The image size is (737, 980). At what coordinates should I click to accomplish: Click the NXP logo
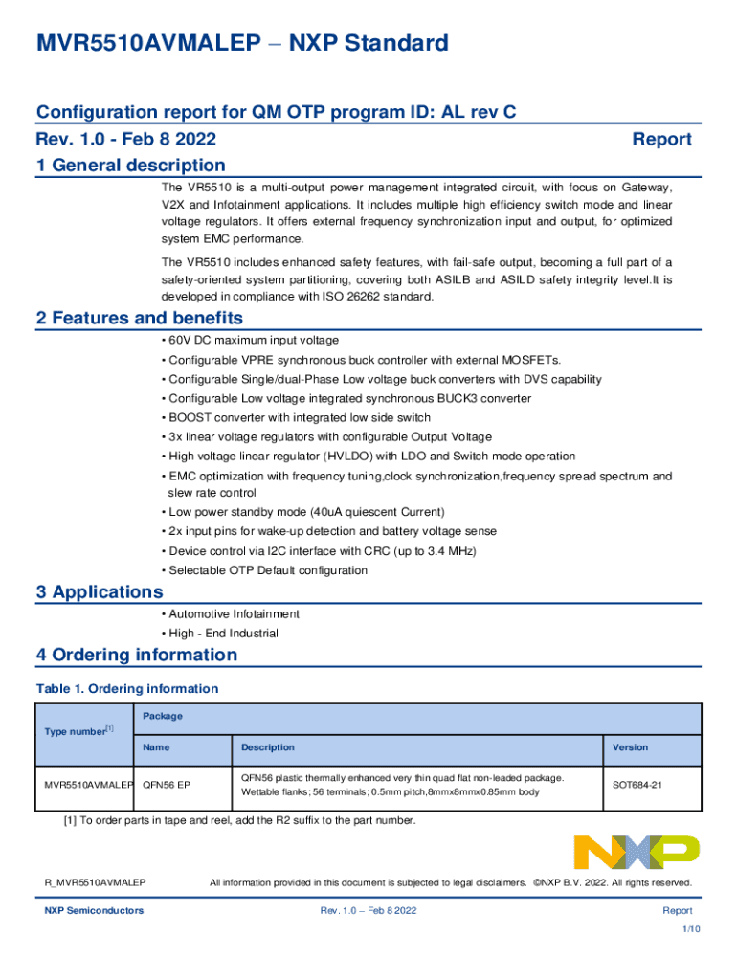pos(636,852)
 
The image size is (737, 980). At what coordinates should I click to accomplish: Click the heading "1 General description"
pos(130,166)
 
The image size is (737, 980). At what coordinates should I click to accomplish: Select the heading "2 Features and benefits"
pos(139,318)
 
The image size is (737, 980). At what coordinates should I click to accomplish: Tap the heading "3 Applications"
pos(99,591)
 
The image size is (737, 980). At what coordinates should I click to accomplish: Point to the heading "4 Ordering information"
pos(136,655)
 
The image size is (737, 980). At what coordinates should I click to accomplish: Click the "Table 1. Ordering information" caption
pos(126,688)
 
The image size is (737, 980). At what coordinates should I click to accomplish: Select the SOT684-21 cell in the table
pos(637,785)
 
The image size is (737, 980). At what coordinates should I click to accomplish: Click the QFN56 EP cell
pos(167,785)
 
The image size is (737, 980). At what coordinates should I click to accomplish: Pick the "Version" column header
pos(631,747)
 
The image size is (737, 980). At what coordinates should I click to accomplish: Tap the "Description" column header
pos(268,747)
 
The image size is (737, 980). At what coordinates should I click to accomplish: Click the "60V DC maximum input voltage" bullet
pos(253,340)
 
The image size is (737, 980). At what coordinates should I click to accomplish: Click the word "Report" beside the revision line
pos(662,140)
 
